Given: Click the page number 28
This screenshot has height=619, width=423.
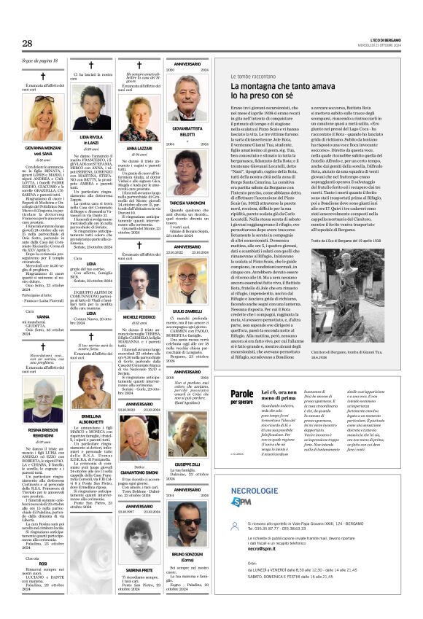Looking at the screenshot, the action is click(x=27, y=44).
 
